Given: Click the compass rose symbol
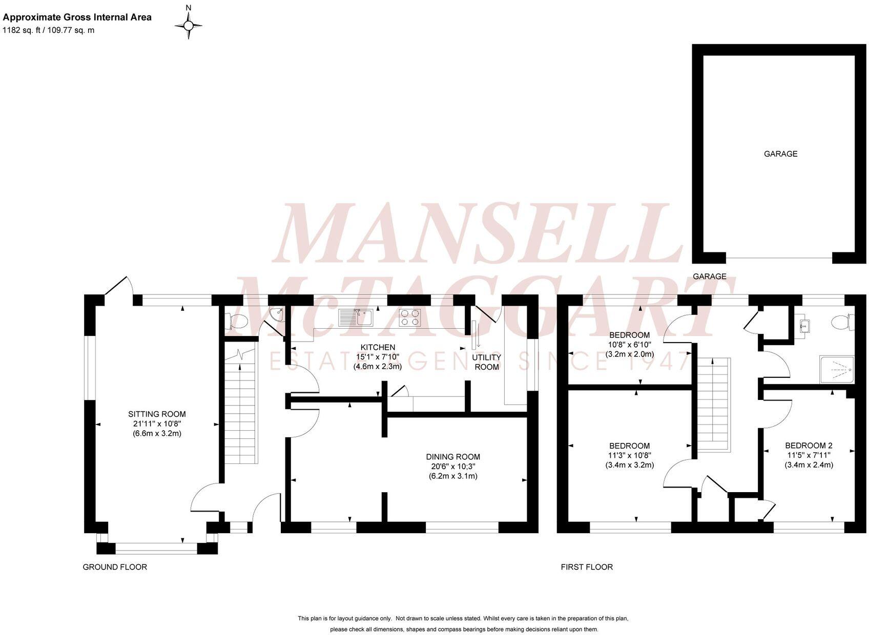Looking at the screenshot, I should point(189,25).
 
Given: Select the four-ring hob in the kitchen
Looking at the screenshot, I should point(410,317).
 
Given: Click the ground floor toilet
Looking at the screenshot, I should point(238,322).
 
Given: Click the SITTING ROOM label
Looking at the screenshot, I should point(157,414).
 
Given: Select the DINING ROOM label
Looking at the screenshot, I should point(453,457).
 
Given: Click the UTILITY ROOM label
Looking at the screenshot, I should point(486,362).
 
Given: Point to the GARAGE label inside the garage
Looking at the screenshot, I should point(780,154).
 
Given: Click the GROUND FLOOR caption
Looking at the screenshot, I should point(115,567).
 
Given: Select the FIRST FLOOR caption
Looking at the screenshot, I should point(587,567).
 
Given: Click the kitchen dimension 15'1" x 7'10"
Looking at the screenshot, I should point(378,357).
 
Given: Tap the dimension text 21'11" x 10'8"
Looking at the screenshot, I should point(157,424).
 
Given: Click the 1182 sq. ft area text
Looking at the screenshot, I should point(49,30).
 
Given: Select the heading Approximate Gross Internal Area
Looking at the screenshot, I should point(77,17).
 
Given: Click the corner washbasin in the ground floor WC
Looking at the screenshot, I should point(277,314).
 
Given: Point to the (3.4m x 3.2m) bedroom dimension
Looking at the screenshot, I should point(629,465).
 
